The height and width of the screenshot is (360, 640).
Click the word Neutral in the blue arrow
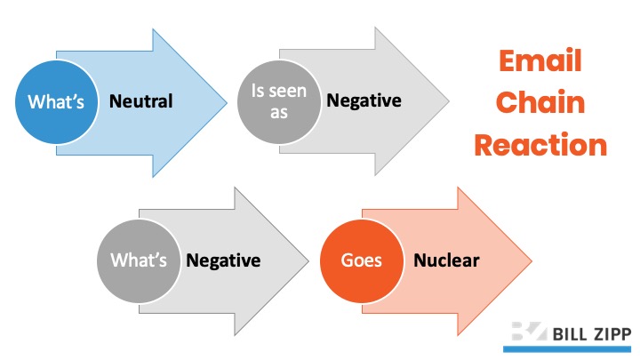pos(140,101)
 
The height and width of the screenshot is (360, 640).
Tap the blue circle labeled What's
pos(56,102)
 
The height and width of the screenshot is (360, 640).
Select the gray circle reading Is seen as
pos(279,102)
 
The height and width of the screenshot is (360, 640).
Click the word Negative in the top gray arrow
pos(364,100)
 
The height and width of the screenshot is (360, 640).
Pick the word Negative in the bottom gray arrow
pos(223,260)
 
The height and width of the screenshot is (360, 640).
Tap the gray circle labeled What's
pos(139,261)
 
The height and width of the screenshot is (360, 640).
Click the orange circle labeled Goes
pos(362,261)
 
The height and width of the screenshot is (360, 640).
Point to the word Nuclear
pos(446,260)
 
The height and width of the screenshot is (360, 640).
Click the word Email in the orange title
pos(540,61)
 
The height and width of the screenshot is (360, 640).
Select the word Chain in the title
pos(540,102)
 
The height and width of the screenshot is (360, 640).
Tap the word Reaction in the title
pos(540,145)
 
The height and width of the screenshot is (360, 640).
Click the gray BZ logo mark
pos(529,331)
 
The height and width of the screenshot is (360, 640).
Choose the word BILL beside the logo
pos(569,335)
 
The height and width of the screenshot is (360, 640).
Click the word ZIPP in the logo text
pos(611,335)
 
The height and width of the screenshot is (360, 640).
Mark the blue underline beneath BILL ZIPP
pos(567,349)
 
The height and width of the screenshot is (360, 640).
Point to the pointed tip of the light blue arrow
pos(227,102)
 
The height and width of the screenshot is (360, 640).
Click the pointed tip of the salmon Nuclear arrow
pos(532,261)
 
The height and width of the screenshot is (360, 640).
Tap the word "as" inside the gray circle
pos(279,113)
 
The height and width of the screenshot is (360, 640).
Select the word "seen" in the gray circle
pos(287,91)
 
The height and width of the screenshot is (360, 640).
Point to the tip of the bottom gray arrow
pos(309,261)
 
